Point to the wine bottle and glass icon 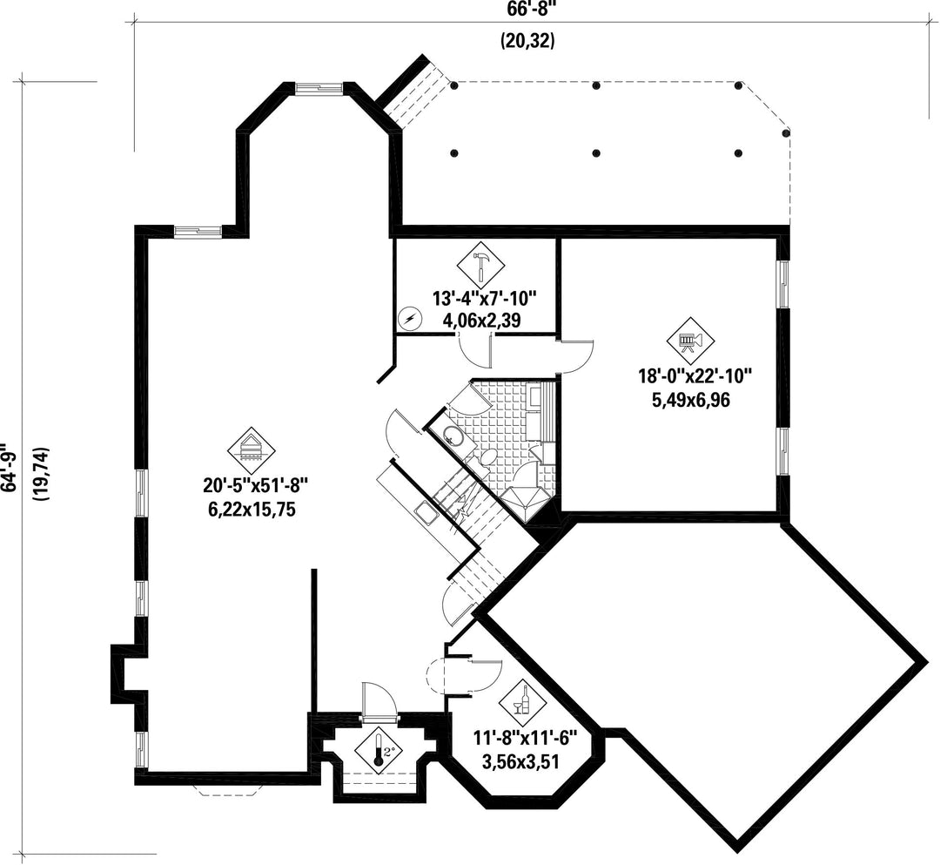521,700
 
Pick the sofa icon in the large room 252,449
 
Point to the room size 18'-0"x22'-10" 695,376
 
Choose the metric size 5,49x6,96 691,400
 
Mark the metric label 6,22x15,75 252,510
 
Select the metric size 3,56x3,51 520,762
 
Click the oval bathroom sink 453,436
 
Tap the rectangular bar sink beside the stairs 426,513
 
